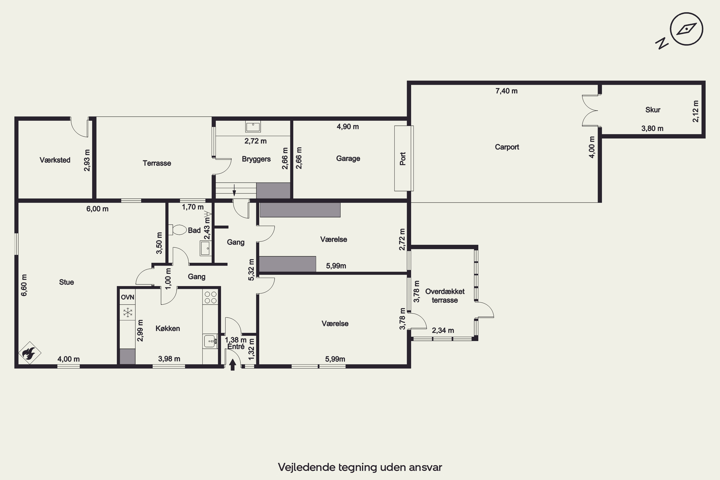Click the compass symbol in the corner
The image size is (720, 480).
point(686,29)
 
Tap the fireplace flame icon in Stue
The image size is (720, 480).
point(30,353)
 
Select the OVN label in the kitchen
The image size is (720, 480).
point(127,297)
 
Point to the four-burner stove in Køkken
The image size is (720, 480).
point(210,297)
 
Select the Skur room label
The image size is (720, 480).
point(653,110)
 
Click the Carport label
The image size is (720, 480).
point(507,147)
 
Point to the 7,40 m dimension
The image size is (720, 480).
point(506,91)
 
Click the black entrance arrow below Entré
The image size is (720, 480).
point(233,365)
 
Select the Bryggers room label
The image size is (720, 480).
point(256,159)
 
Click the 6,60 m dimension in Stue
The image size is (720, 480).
point(24,285)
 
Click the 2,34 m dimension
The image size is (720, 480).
point(443,330)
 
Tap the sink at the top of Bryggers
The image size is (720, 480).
point(253,126)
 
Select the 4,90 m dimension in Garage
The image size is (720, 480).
point(348,127)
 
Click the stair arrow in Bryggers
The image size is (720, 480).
point(234,190)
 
